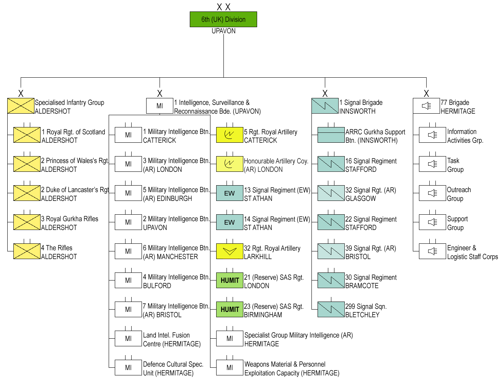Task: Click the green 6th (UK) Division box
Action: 223,20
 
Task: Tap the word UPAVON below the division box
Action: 223,31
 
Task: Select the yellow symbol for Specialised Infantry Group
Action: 21,106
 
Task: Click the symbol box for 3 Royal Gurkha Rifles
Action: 27,222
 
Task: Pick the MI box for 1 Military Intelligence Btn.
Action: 128,135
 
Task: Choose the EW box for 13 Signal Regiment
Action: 230,193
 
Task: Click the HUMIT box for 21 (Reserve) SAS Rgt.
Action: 230,281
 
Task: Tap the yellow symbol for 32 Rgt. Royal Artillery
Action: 230,251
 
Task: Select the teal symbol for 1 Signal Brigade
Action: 325,106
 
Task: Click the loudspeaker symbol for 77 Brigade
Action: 426,106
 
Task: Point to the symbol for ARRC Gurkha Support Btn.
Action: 331,135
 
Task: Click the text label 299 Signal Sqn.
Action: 366,307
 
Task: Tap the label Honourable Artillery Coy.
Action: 276,161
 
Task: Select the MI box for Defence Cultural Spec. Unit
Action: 128,368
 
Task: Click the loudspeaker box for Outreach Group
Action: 432,193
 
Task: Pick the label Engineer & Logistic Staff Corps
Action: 472,252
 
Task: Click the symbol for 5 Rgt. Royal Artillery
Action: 230,135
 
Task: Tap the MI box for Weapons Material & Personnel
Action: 230,368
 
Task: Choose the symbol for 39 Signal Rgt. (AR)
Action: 331,251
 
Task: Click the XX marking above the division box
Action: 223,7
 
